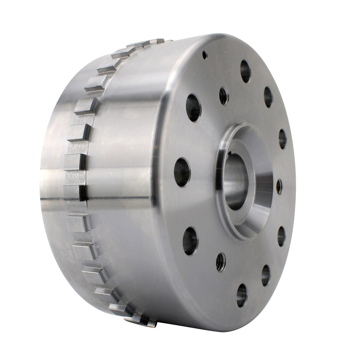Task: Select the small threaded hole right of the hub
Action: [x=279, y=187]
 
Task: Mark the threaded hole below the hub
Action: [x=223, y=259]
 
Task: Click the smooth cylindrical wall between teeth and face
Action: [x=126, y=180]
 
